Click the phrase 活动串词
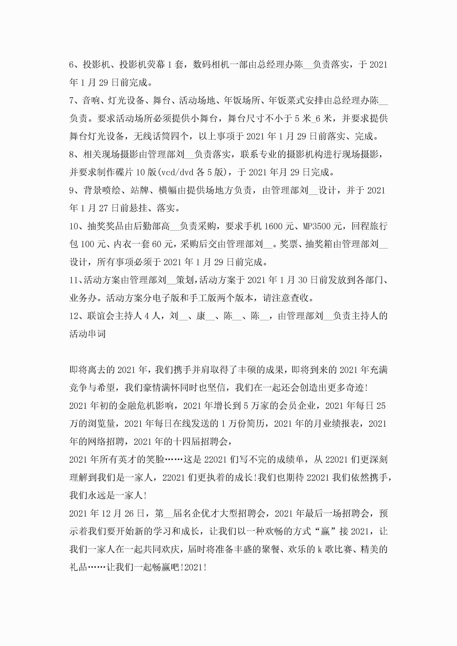point(88,334)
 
